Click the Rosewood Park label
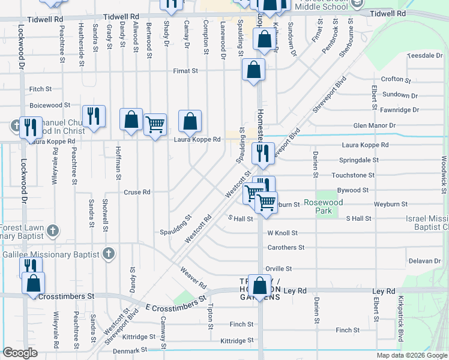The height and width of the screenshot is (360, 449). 323,206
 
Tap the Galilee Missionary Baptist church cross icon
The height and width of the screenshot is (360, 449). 109,254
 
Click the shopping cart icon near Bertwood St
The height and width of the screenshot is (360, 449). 155,125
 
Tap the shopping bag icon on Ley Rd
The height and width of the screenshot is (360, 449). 260,286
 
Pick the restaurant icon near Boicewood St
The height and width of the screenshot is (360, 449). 94,115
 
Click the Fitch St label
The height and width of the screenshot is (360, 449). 41,89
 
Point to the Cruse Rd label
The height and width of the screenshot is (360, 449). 137,193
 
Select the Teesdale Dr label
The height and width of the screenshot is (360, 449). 424,55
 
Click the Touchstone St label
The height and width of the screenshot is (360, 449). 352,175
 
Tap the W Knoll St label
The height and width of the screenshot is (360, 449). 282,233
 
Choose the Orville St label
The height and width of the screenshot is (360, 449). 279,269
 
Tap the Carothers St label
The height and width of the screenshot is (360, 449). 286,247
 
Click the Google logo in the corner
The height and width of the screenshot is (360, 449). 20,353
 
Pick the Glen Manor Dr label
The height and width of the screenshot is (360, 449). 375,125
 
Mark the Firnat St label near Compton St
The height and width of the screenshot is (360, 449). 185,71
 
